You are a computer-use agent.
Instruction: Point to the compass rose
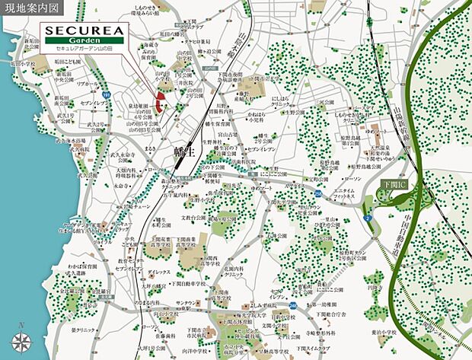pos(21,340)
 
